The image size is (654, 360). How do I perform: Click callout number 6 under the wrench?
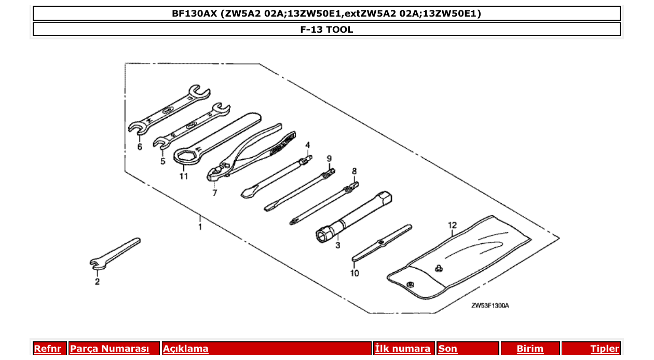[x=140, y=147]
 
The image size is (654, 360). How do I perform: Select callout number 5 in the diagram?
[x=162, y=161]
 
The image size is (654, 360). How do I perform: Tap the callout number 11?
[x=183, y=176]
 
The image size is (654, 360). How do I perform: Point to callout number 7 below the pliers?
[x=214, y=193]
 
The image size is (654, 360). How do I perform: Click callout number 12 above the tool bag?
[x=452, y=225]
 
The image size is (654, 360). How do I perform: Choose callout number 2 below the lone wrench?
[x=97, y=282]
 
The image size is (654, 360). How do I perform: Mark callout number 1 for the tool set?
[x=200, y=227]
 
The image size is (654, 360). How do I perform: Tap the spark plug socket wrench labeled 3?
[x=358, y=215]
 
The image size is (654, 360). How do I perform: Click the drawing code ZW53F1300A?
[x=490, y=306]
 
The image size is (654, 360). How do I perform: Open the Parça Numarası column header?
[x=109, y=349]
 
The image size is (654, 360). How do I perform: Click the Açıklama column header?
[x=186, y=349]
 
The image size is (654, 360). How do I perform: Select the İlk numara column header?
[x=403, y=349]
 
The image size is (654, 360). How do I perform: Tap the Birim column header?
[x=530, y=349]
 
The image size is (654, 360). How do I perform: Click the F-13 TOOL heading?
[x=326, y=30]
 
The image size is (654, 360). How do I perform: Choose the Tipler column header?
[x=604, y=349]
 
